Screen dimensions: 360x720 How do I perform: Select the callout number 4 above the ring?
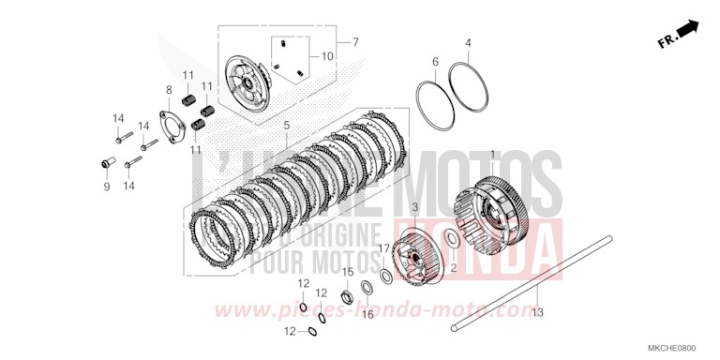pyautogui.click(x=468, y=42)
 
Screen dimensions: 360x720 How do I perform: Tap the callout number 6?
pyautogui.click(x=435, y=62)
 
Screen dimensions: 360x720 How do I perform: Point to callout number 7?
pyautogui.click(x=355, y=42)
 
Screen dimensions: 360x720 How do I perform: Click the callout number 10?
pyautogui.click(x=327, y=56)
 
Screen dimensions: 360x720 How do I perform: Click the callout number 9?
pyautogui.click(x=107, y=187)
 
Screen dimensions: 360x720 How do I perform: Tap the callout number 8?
pyautogui.click(x=169, y=91)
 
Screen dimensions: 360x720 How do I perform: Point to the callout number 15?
pyautogui.click(x=346, y=272)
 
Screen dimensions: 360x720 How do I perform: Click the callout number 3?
pyautogui.click(x=413, y=206)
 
